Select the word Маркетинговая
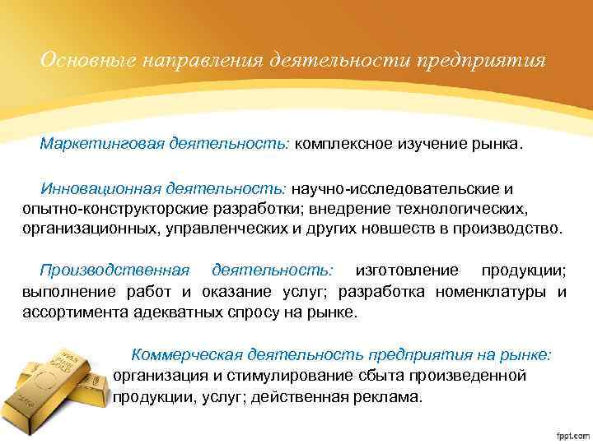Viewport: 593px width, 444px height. click(100, 145)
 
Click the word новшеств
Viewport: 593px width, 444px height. click(421, 226)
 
